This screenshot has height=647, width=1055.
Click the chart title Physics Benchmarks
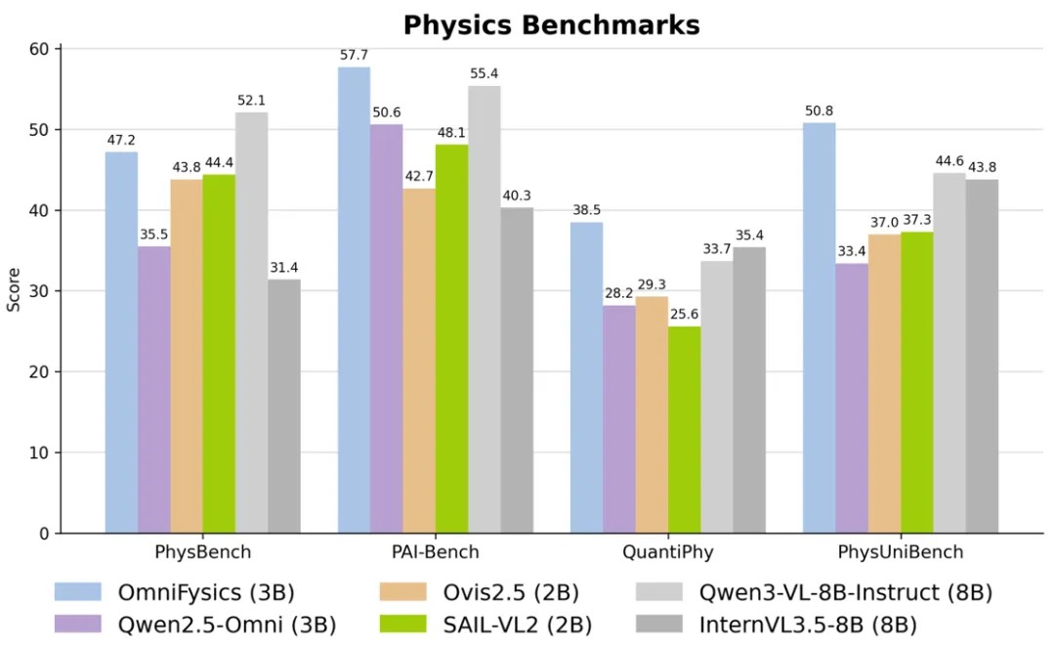tap(551, 25)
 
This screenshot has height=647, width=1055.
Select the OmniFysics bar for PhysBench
tap(121, 342)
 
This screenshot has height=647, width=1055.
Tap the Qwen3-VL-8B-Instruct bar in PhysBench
tap(251, 323)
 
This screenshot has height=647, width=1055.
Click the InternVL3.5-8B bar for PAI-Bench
tap(517, 370)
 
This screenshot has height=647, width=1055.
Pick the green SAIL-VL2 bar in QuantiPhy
tap(684, 430)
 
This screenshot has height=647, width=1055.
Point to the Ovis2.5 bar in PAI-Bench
tap(419, 361)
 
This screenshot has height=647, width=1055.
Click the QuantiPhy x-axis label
tap(667, 552)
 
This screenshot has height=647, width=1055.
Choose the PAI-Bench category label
tap(435, 552)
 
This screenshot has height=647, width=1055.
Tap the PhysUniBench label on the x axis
tap(901, 552)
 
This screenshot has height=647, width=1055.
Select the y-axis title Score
tap(14, 290)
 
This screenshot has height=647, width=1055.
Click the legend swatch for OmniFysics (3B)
tap(79, 592)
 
